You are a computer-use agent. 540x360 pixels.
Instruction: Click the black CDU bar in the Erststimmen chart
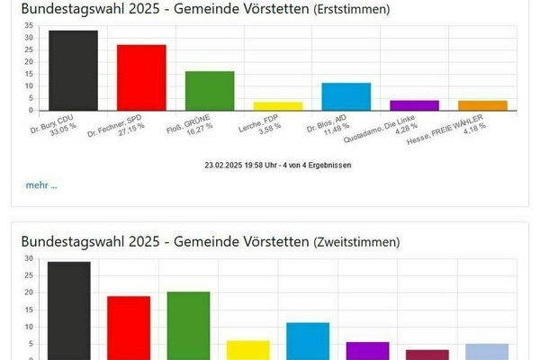(x=73, y=70)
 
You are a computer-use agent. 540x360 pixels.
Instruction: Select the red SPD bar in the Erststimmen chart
(x=141, y=77)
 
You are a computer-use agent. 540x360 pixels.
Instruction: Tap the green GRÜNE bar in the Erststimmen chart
(x=210, y=90)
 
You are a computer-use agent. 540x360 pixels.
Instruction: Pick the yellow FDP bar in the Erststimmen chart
(x=277, y=105)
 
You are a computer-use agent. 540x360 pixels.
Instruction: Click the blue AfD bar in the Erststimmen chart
(x=346, y=96)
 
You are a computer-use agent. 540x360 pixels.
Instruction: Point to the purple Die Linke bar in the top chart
(x=414, y=104)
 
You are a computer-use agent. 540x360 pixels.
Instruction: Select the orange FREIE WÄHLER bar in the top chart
(x=482, y=104)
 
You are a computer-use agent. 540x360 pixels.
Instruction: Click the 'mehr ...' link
(x=40, y=184)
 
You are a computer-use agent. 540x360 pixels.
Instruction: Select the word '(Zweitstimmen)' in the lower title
(x=354, y=241)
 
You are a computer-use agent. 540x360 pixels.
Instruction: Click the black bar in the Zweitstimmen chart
(x=68, y=310)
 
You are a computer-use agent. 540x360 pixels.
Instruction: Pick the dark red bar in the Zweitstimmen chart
(x=427, y=355)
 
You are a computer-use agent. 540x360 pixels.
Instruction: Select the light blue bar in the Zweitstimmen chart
(x=487, y=351)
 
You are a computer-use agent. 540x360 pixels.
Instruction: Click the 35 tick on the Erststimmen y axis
(x=29, y=25)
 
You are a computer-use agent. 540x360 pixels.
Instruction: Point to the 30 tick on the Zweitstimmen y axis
(x=29, y=258)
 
